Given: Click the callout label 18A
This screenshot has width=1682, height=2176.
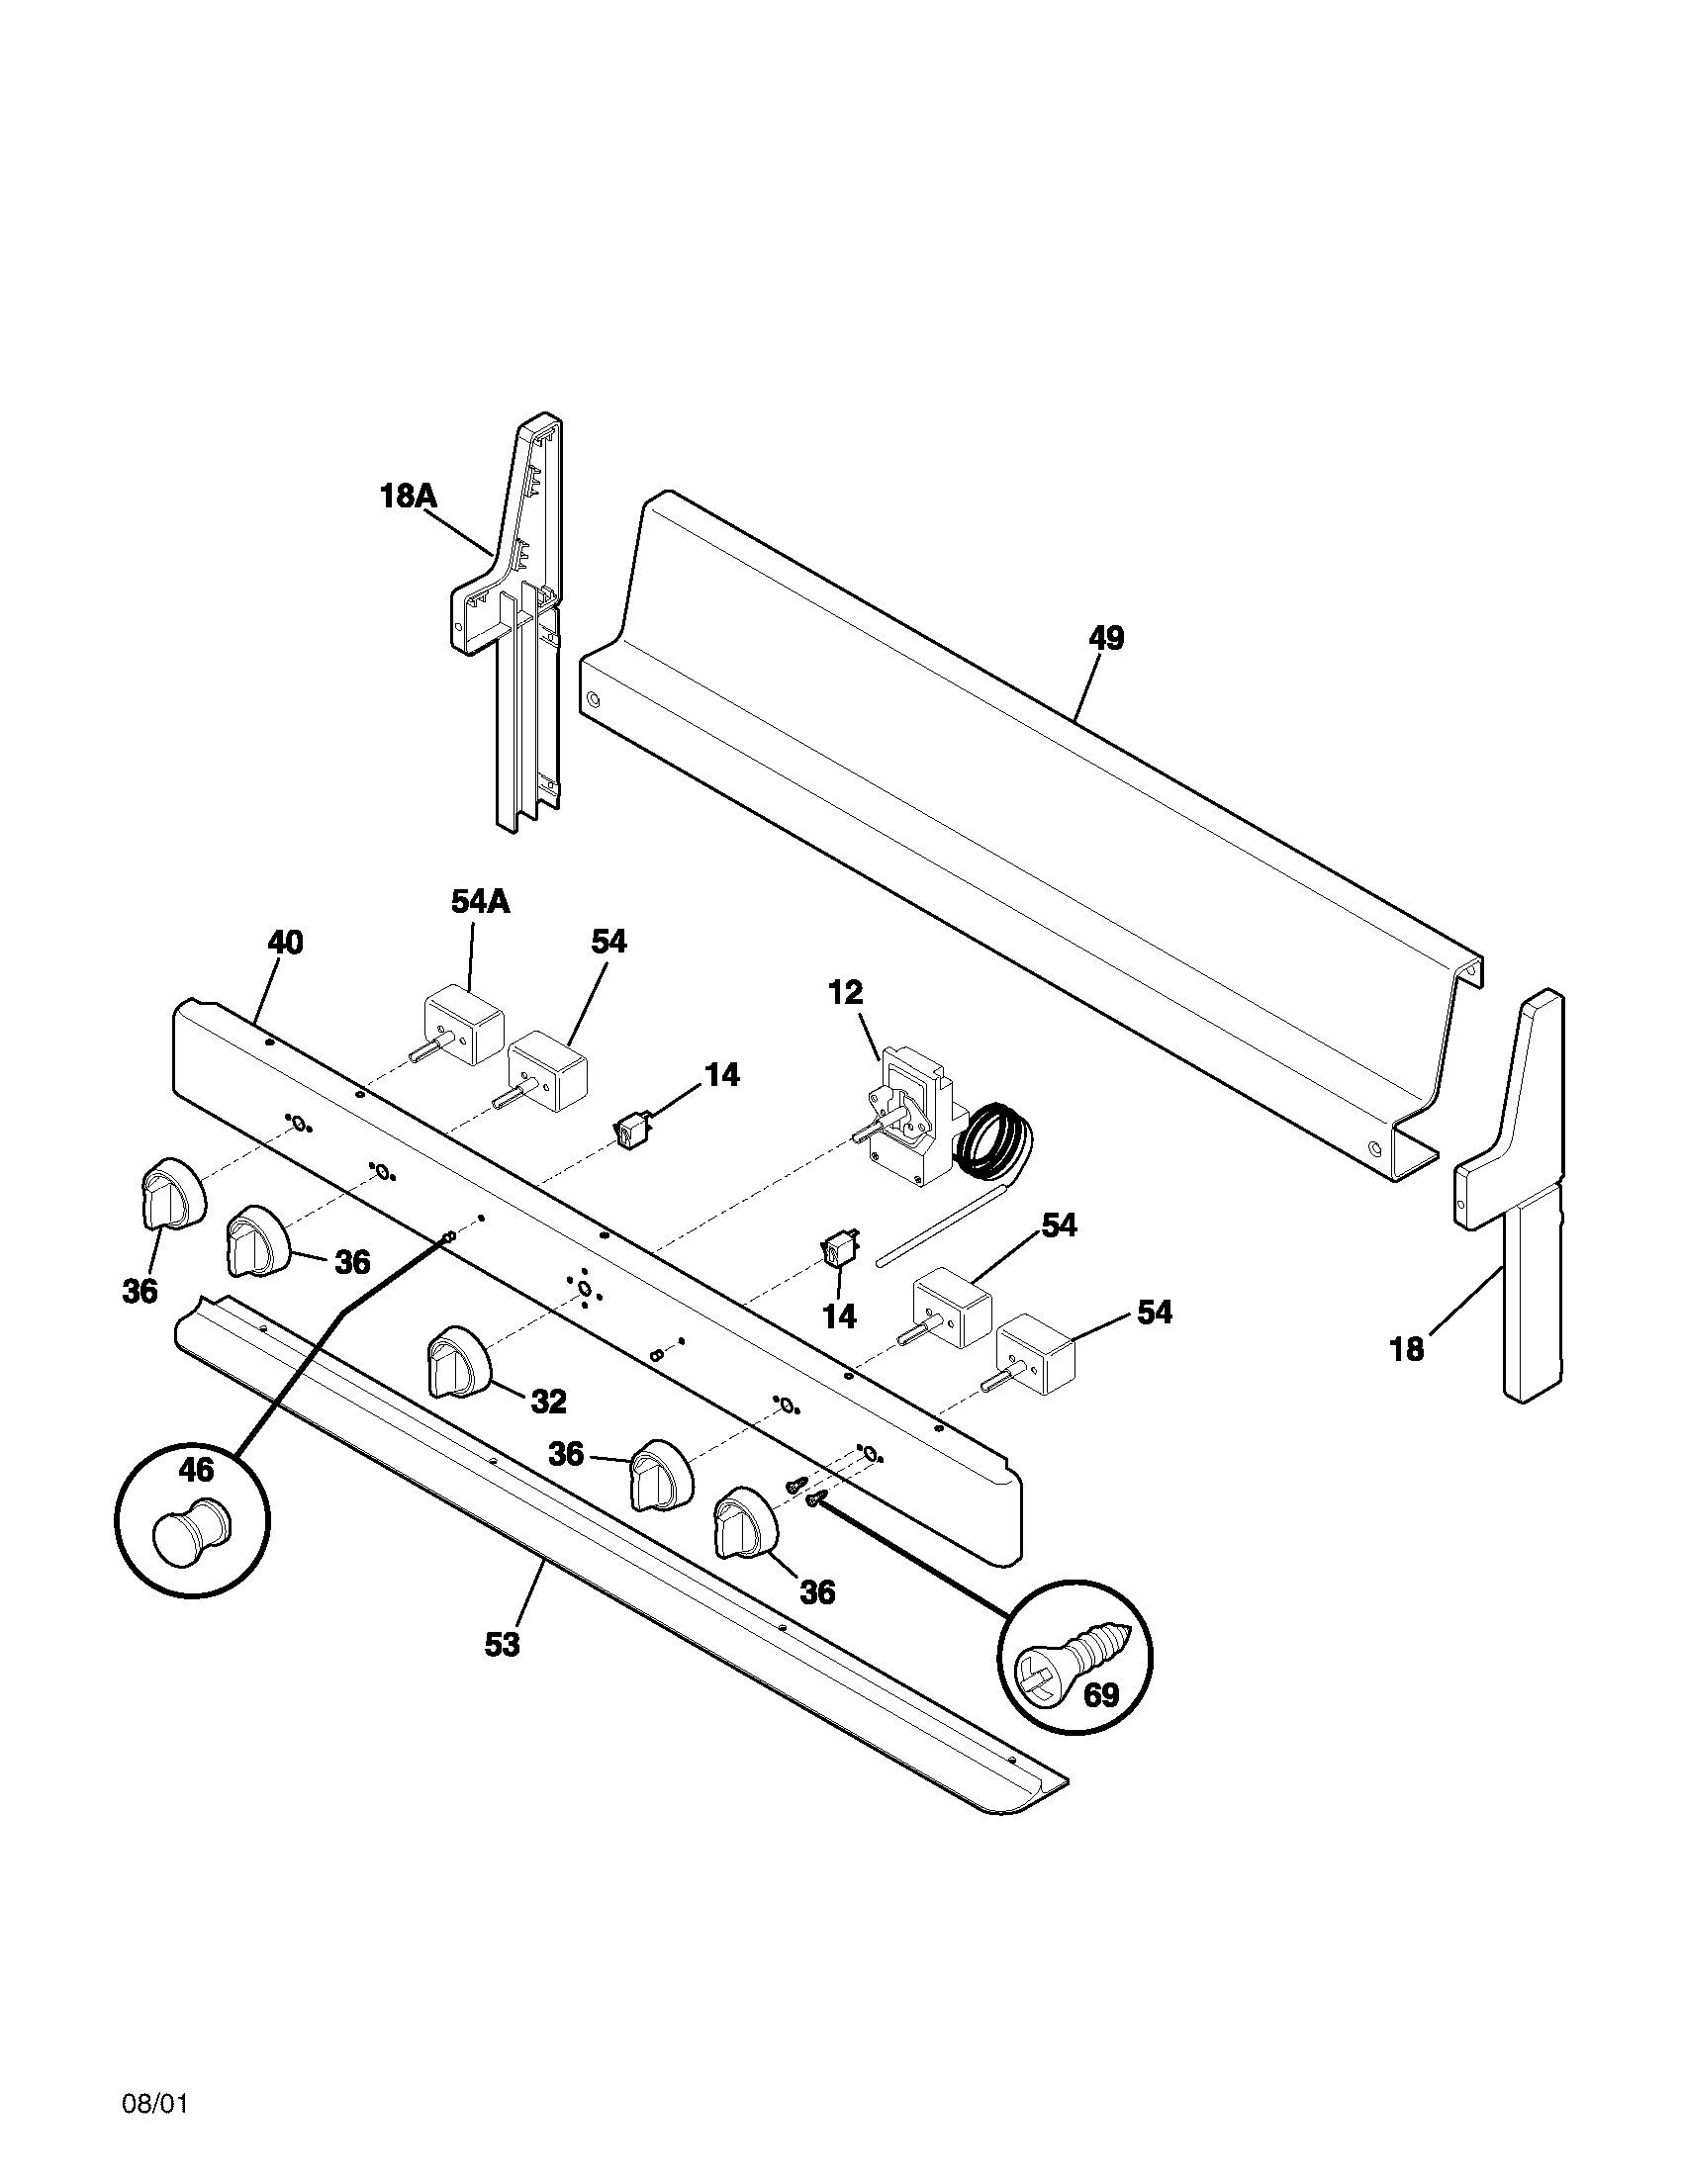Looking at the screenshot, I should [x=409, y=496].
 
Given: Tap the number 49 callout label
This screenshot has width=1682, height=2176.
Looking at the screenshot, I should [x=1106, y=638].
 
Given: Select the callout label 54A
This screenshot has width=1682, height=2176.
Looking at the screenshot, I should [x=480, y=902].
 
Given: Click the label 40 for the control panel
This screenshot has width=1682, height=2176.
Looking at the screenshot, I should [x=286, y=942].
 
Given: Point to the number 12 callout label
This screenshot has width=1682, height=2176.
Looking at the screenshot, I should [x=845, y=992].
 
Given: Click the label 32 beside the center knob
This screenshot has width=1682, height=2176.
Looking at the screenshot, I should [x=548, y=1402].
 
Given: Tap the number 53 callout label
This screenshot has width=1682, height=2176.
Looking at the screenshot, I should [x=503, y=1644].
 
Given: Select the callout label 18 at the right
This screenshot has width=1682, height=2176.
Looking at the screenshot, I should [x=1407, y=1350].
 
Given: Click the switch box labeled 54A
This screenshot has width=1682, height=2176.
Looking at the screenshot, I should [x=464, y=1025].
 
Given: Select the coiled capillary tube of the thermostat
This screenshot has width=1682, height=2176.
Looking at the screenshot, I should [x=994, y=1142].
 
